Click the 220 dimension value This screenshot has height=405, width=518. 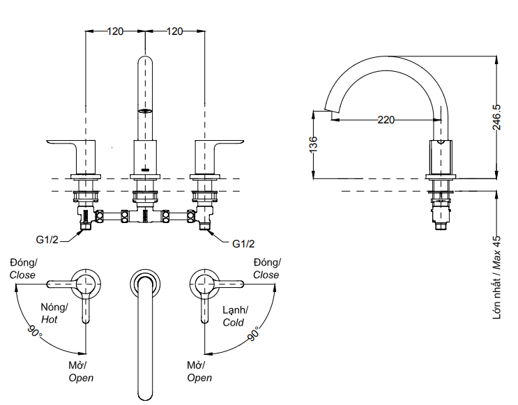(x=386, y=119)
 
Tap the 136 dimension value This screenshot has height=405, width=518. (x=313, y=144)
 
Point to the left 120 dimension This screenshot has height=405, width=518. (x=115, y=31)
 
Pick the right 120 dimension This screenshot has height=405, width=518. (x=175, y=31)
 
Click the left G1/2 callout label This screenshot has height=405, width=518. (x=47, y=240)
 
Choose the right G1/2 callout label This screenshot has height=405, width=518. (x=243, y=244)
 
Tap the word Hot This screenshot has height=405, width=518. (x=49, y=320)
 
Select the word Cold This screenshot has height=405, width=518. (x=233, y=323)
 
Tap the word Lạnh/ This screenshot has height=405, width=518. (x=235, y=310)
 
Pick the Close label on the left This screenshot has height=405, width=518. (x=22, y=275)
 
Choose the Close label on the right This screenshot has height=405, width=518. (x=266, y=275)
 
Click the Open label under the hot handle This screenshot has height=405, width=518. (x=81, y=378)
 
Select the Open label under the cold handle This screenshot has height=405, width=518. (x=199, y=378)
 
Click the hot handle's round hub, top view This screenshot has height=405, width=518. (x=86, y=283)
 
